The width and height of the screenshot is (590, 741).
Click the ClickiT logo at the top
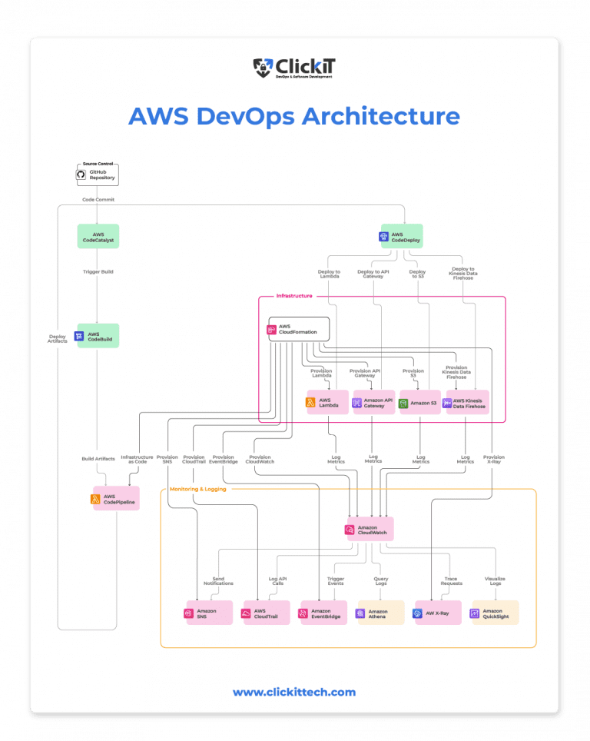[294, 68]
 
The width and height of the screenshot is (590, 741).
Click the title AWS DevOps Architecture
[294, 116]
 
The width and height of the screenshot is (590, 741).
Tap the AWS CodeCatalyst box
[98, 237]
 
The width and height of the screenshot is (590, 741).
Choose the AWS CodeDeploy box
[401, 237]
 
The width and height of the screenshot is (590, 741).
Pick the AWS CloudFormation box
[298, 330]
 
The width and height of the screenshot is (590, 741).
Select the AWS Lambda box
[328, 403]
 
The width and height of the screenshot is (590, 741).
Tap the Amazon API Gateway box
[373, 403]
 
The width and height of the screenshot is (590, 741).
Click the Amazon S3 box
[419, 403]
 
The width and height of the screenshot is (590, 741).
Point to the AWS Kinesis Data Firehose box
[467, 403]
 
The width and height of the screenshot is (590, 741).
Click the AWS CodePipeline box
[115, 499]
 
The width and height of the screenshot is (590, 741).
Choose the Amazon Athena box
[380, 613]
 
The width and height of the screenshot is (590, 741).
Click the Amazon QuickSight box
[494, 613]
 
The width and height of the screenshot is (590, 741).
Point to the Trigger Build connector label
[98, 272]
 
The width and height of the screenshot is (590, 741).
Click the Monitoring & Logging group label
[197, 489]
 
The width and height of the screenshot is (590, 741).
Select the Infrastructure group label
[293, 296]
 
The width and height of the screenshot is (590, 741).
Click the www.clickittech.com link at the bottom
[294, 692]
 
